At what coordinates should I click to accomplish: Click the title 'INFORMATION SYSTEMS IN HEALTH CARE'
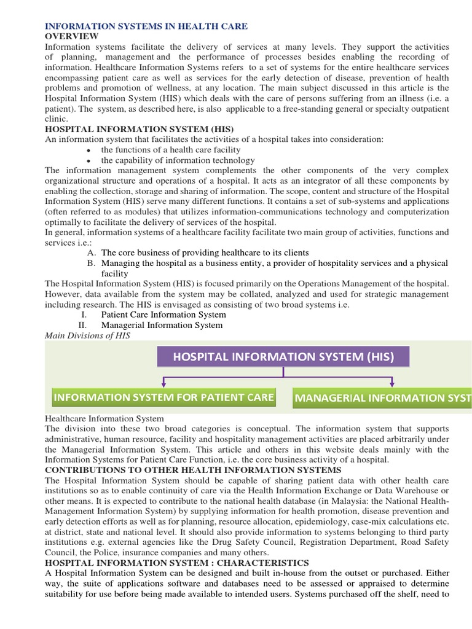coord(146,26)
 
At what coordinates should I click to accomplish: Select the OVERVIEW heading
coord(72,36)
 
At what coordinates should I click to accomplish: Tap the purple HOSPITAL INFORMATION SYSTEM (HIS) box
coord(283,356)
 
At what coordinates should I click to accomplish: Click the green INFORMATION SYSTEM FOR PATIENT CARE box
coord(163,397)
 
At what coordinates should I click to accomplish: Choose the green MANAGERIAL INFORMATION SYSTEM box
coord(381,398)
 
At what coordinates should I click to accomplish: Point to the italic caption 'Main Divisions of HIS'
coord(88,335)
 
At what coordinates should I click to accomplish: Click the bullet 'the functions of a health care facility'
coord(171,150)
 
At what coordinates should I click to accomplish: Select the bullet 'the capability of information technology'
coord(178,160)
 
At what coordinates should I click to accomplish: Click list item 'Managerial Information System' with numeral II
coord(162,325)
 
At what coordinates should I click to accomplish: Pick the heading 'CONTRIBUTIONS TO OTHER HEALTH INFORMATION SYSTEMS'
coord(193,470)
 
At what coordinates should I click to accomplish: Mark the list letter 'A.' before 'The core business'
coord(92,252)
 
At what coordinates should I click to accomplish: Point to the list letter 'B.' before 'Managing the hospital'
coord(92,263)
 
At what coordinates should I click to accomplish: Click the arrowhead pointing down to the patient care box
coord(163,385)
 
